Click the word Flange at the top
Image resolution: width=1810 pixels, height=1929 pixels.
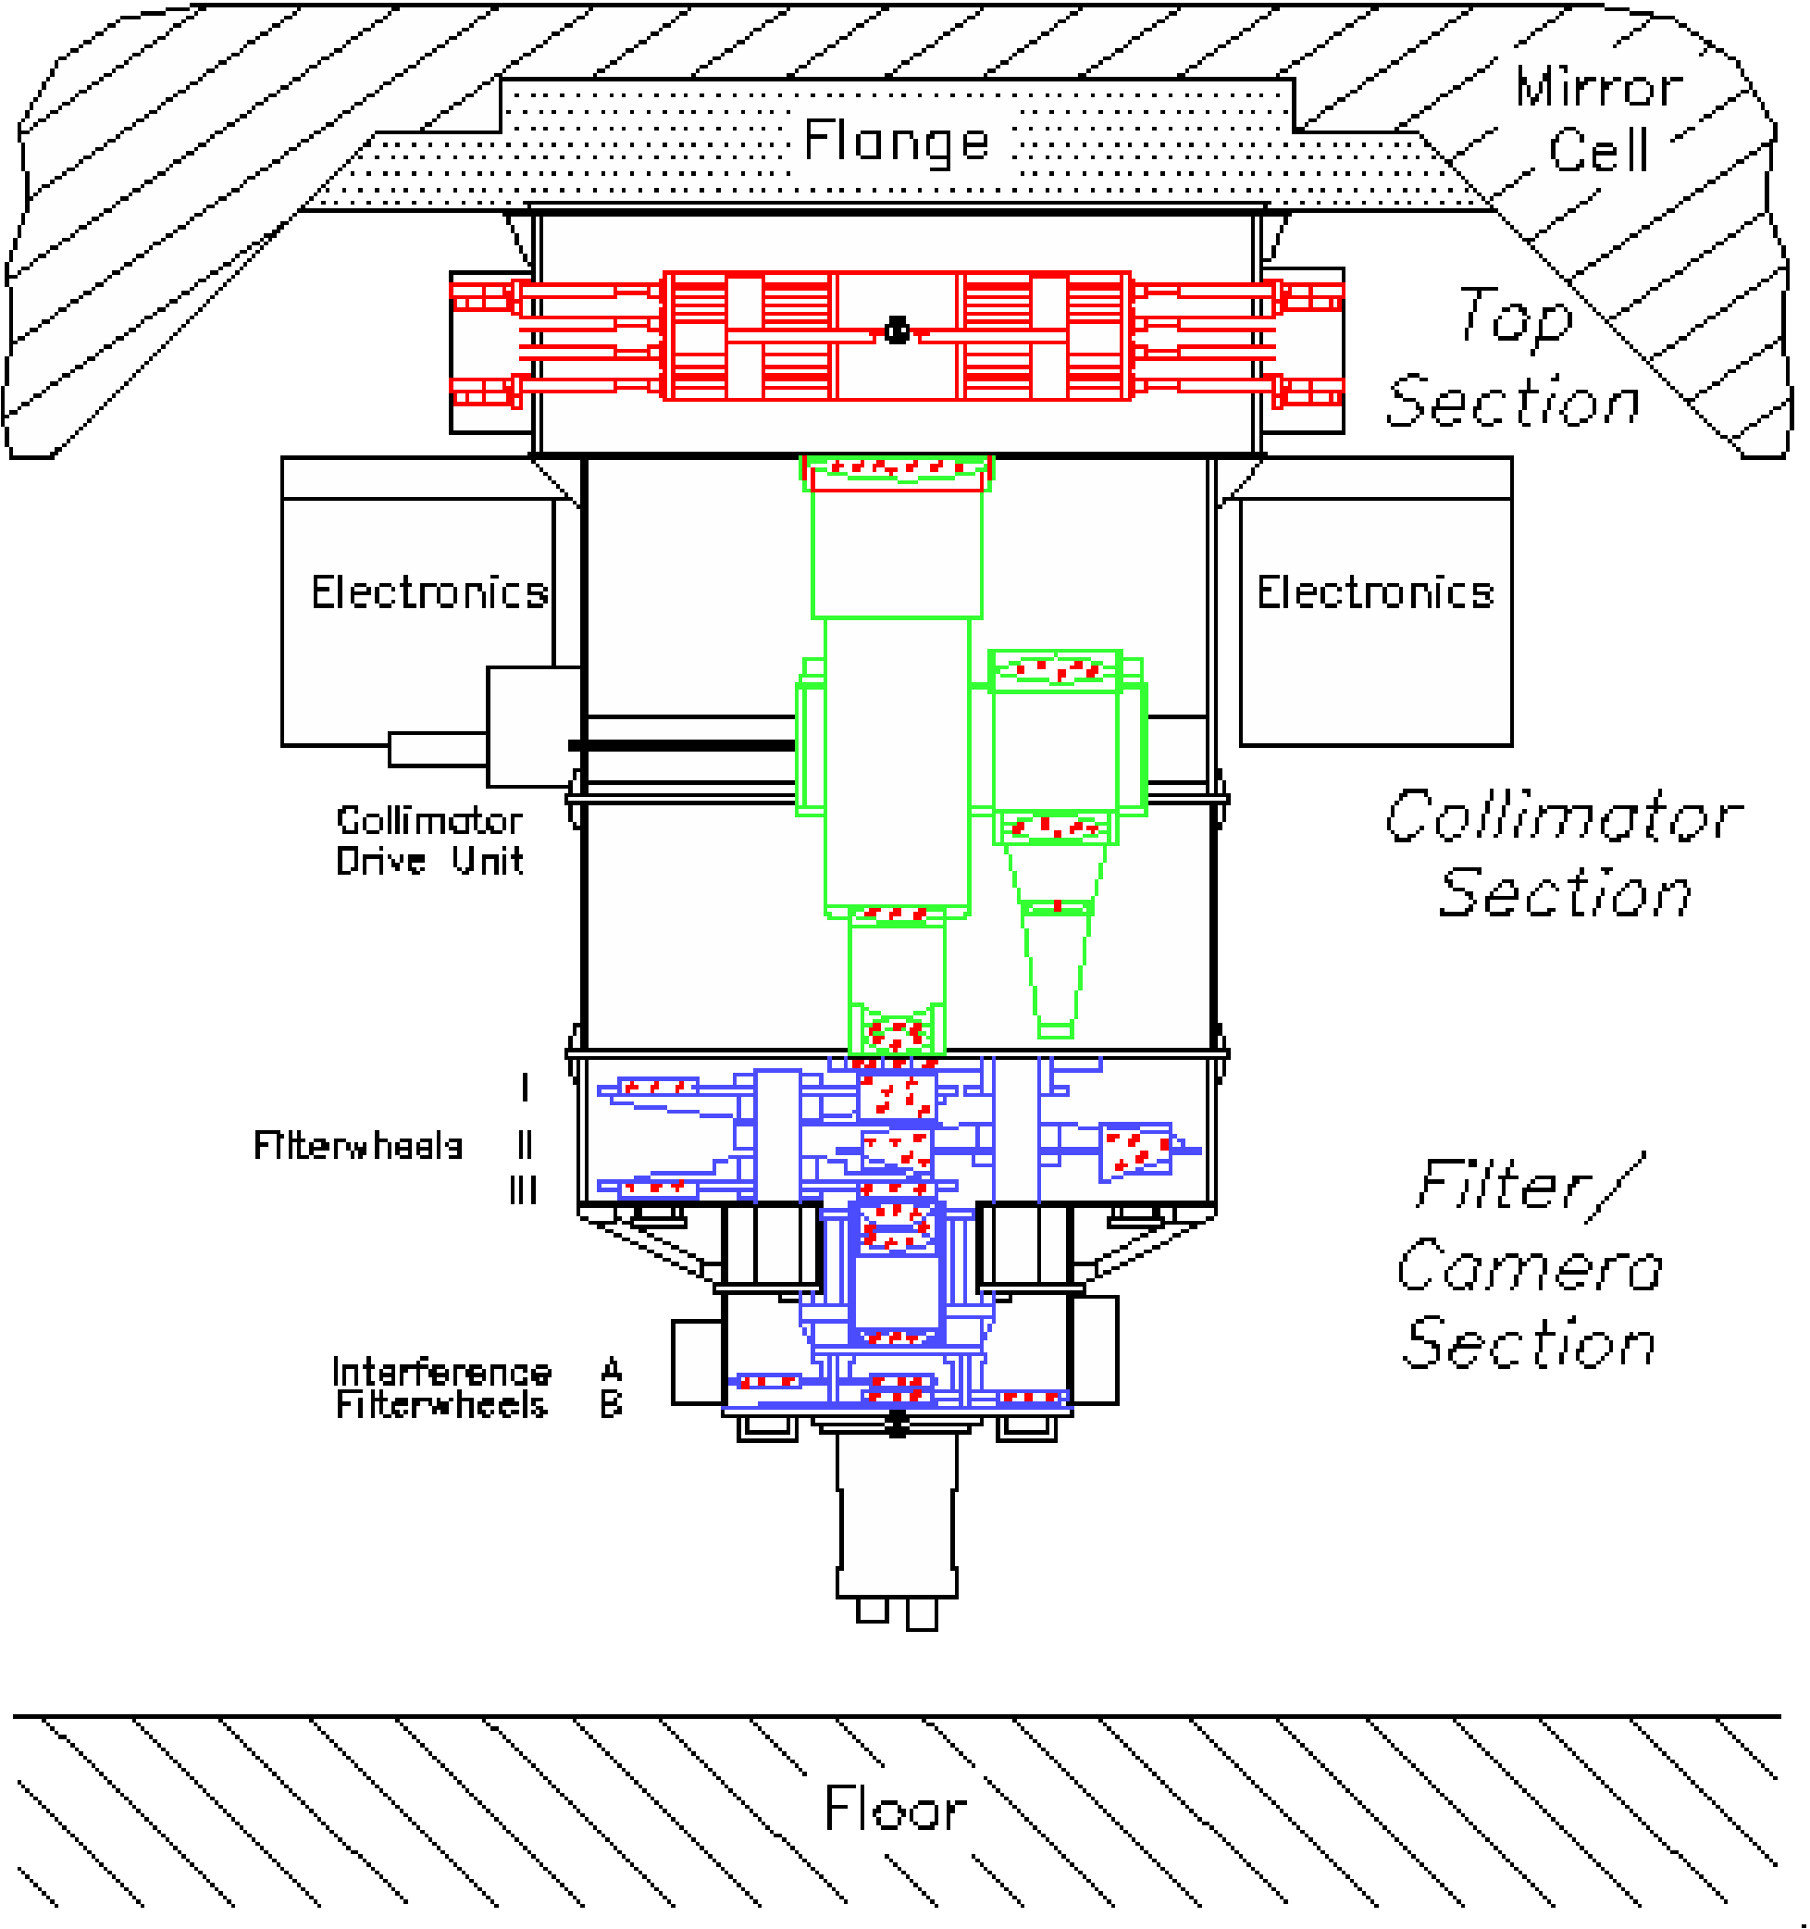point(897,142)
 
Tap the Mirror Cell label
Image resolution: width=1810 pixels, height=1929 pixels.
point(1597,119)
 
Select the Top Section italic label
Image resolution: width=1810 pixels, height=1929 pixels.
point(1513,359)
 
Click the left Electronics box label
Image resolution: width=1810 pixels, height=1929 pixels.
point(428,591)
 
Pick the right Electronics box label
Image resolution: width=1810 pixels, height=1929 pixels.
point(1374,591)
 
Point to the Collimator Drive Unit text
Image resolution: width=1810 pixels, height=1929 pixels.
point(428,841)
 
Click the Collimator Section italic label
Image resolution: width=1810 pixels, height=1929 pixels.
point(1563,853)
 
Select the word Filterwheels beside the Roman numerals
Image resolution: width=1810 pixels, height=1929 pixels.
point(357,1146)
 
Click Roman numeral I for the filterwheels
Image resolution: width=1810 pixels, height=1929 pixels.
point(525,1088)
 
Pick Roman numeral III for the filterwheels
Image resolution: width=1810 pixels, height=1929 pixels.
point(523,1190)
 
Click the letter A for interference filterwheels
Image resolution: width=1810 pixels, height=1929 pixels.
point(611,1370)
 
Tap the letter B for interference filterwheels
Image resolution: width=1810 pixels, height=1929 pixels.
point(611,1404)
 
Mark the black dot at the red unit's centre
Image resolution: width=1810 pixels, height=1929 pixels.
point(898,330)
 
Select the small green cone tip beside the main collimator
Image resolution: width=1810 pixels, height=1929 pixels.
point(1055,1028)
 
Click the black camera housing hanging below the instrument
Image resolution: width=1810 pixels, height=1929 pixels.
point(897,1524)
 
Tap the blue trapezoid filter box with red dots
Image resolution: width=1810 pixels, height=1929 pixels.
point(1134,1151)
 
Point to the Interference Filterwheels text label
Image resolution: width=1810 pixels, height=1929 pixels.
point(441,1388)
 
